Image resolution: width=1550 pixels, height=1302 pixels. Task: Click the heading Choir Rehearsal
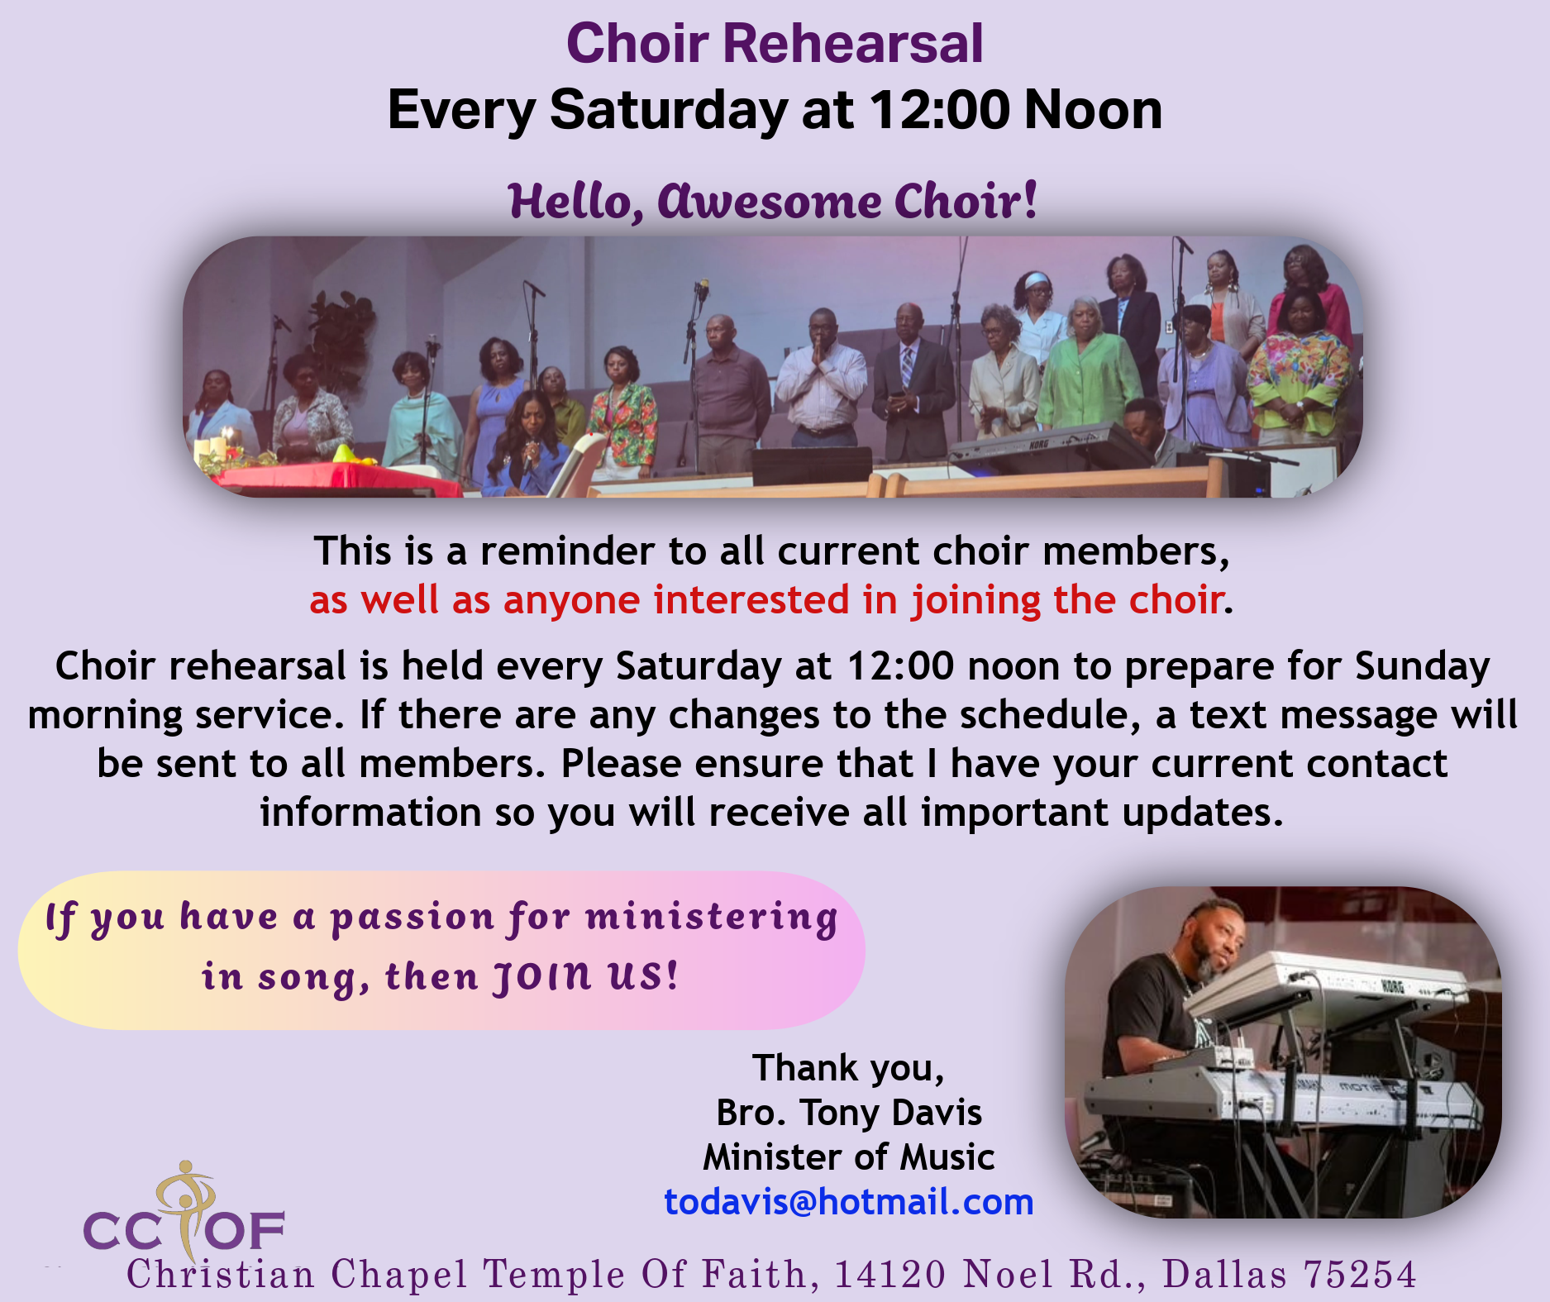775,43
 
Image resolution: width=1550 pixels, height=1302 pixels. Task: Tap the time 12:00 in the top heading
939,110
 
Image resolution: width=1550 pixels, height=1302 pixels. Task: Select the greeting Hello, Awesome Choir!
773,202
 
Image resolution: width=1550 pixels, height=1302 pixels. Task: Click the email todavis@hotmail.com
849,1202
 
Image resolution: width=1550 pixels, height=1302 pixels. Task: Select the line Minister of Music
849,1157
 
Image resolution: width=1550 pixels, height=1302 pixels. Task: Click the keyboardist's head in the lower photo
1212,934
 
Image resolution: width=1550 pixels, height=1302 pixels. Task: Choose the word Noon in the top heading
1093,110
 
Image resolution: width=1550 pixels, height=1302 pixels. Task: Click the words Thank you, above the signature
848,1068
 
